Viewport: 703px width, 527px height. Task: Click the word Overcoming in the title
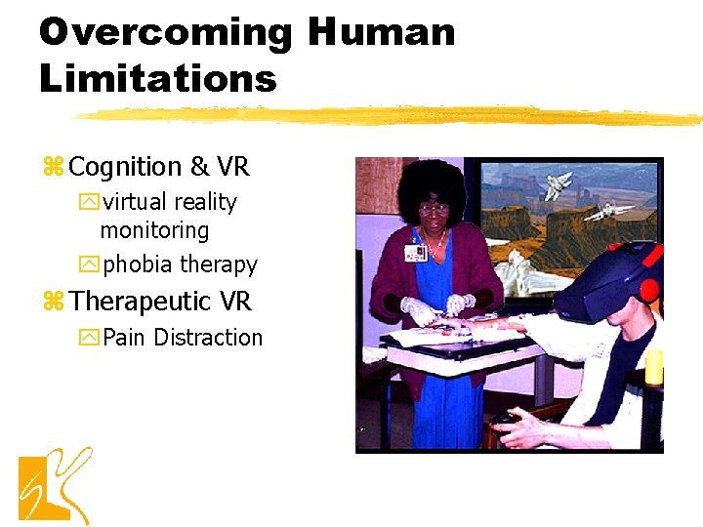[165, 32]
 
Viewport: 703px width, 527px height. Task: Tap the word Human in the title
[381, 32]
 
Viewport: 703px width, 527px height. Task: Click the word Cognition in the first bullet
[126, 168]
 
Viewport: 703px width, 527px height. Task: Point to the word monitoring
[154, 231]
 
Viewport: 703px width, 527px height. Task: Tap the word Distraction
[208, 338]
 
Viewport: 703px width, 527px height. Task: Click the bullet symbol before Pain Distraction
[91, 339]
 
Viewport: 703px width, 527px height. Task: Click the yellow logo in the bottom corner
[54, 485]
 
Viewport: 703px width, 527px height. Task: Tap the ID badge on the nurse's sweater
[415, 252]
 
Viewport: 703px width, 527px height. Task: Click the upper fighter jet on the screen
[558, 182]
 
